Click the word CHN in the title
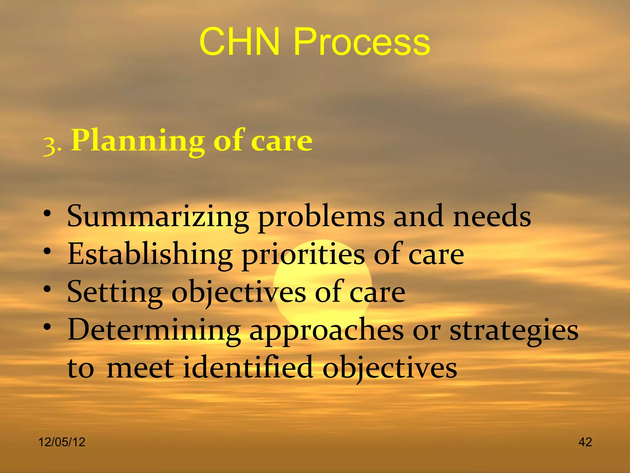pos(240,42)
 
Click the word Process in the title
pos(362,42)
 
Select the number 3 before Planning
pos(50,145)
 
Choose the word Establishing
pos(150,254)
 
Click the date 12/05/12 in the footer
pos(62,442)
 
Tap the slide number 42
pos(585,442)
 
